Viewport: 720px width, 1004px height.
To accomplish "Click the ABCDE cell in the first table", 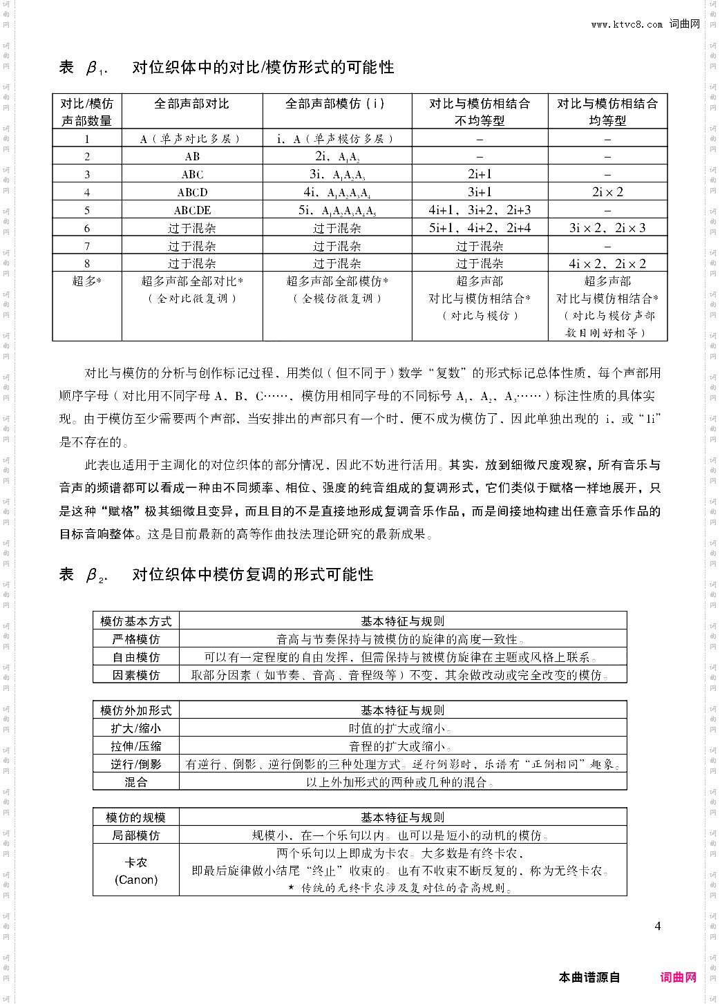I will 192,210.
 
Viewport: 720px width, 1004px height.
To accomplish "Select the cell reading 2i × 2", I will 607,192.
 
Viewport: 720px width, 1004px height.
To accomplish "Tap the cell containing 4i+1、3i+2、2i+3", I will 480,210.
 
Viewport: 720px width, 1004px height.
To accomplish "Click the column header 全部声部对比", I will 191,104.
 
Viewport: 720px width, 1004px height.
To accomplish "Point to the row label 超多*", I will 87,281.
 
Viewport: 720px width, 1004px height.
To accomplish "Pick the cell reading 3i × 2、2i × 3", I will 607,228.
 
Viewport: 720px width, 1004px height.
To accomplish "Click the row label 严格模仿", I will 136,639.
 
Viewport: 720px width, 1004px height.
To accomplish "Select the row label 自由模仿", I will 136,657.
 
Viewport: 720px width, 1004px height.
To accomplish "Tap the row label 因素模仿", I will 136,675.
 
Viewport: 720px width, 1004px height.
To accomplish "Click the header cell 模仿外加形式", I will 136,710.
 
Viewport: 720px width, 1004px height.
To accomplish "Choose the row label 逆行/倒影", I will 136,764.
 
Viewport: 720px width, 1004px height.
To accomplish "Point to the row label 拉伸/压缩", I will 136,746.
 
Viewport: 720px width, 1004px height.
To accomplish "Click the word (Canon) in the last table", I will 136,880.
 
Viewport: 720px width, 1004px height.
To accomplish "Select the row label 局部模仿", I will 136,835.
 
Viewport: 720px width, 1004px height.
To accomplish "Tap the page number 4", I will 658,926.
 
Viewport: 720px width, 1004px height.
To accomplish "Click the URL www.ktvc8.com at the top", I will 627,24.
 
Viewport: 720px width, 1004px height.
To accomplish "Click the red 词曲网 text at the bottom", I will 678,977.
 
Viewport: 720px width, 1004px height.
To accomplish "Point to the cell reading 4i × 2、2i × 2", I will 607,263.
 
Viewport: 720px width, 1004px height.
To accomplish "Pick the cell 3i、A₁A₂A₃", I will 337,174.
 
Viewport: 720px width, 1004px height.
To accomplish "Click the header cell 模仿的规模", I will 136,817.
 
